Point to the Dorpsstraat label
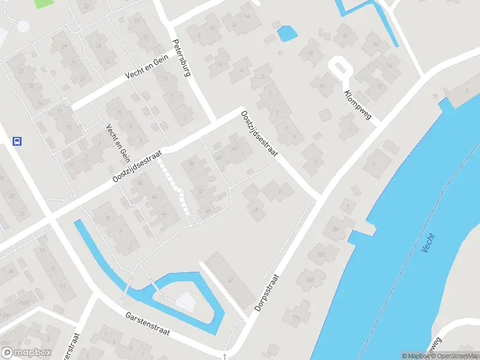(x=268, y=293)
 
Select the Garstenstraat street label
(x=148, y=324)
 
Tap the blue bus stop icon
(x=17, y=142)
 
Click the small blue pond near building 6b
(x=287, y=33)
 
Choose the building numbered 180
(x=310, y=280)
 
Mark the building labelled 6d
(x=376, y=44)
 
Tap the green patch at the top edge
(x=43, y=3)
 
